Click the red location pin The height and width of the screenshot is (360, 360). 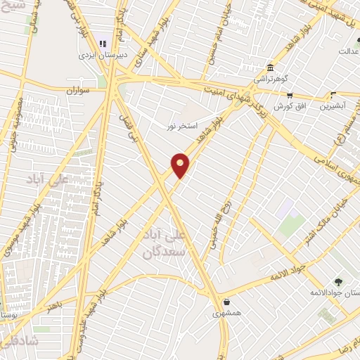tap(181, 165)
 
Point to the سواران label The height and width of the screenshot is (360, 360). tap(79, 91)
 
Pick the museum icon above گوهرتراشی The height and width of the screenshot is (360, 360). tap(271, 68)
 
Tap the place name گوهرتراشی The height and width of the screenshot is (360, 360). tap(270, 79)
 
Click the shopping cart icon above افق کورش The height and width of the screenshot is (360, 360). tap(289, 96)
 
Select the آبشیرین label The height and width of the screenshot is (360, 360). tap(333, 106)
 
